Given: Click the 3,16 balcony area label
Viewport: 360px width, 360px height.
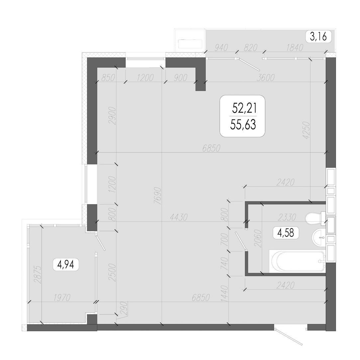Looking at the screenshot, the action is (x=318, y=37).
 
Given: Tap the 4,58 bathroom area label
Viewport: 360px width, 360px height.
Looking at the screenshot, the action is (x=286, y=233).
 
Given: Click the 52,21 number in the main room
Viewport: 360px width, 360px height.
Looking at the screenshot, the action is (x=244, y=108).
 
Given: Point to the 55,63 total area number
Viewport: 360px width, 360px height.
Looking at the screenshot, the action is (x=243, y=125).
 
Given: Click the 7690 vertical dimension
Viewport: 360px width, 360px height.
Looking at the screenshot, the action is (x=158, y=196).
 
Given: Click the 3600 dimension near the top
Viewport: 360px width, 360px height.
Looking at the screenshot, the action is (x=265, y=78).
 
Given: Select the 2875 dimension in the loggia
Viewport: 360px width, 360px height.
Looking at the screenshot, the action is (x=38, y=275).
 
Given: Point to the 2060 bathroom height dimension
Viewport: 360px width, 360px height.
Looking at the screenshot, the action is (x=258, y=238).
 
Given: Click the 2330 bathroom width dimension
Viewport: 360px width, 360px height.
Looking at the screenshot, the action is (x=287, y=217).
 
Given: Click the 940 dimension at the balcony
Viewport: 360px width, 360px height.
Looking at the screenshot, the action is (x=221, y=47).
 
